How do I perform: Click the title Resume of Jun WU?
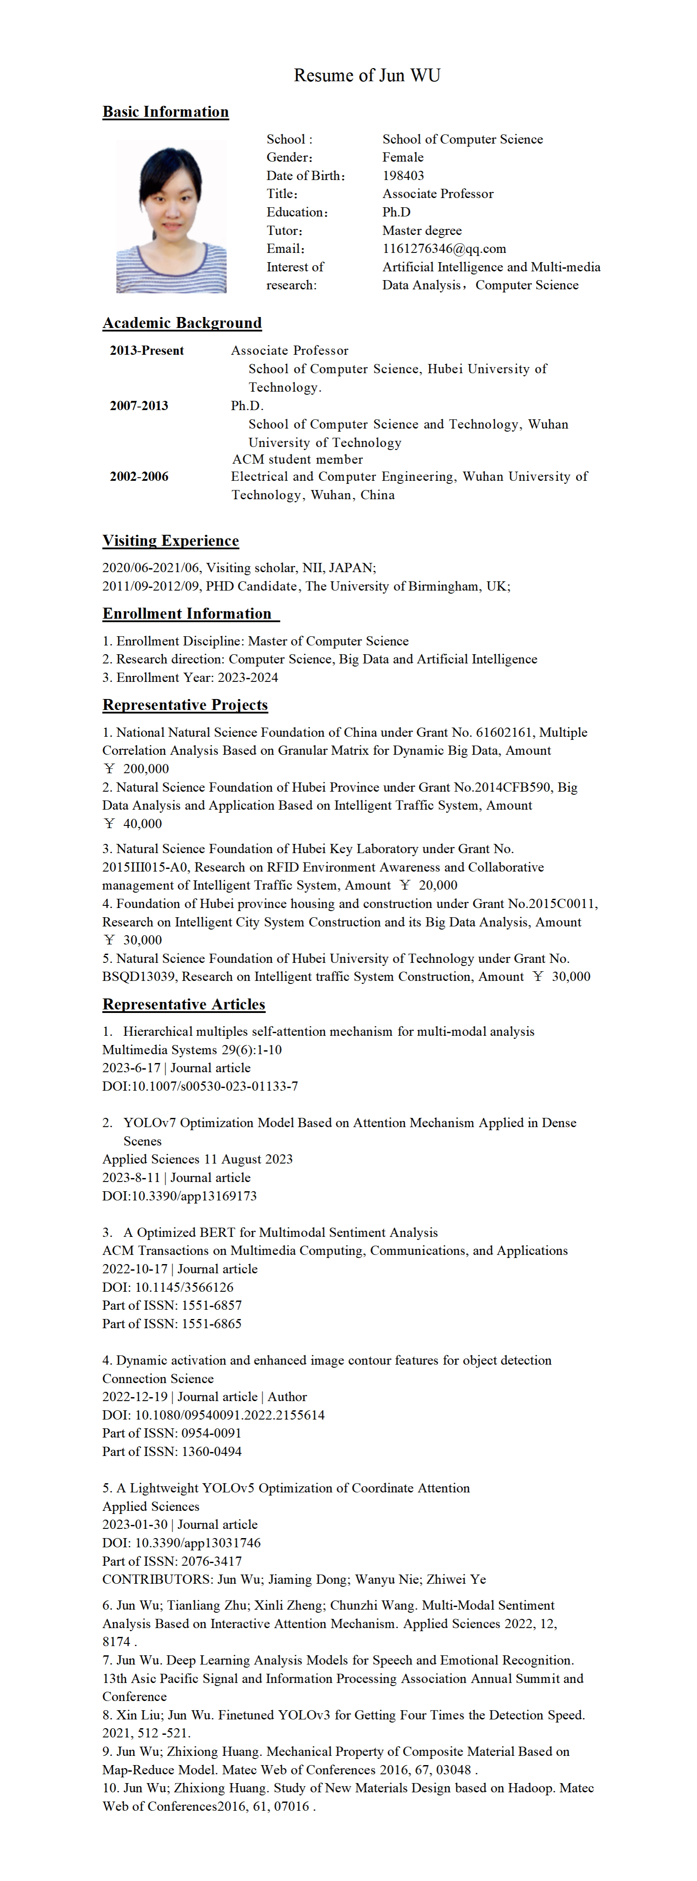click(367, 75)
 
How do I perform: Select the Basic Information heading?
click(165, 112)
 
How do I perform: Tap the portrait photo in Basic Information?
click(171, 217)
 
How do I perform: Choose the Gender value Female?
click(403, 157)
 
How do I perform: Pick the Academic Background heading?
click(182, 323)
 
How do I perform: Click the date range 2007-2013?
click(139, 405)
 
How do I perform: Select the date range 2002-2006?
click(139, 476)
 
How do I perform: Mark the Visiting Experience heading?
click(170, 541)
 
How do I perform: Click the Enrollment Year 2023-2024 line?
click(190, 677)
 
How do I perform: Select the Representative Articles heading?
click(183, 1004)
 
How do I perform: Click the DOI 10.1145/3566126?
click(184, 1286)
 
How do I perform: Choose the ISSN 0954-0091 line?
click(172, 1433)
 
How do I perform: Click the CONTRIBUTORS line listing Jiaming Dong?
click(294, 1579)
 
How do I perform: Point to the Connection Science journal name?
click(158, 1378)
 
